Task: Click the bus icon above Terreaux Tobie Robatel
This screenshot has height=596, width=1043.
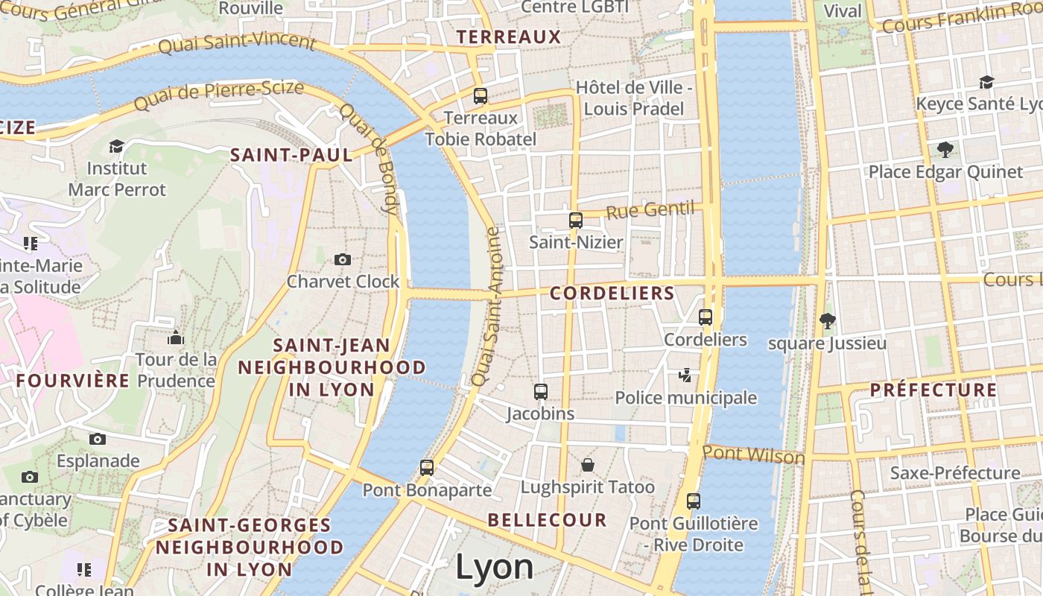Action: tap(481, 96)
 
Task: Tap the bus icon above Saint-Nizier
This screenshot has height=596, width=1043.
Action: tap(575, 221)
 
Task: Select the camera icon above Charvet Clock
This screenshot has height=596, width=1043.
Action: tap(343, 259)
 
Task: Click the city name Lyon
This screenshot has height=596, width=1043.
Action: tap(494, 567)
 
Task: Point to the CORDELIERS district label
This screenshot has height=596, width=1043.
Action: tap(612, 294)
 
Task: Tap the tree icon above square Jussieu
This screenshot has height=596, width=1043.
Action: tap(827, 321)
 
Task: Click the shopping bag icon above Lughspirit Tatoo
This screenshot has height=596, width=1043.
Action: tap(588, 466)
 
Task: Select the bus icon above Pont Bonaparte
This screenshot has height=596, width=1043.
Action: tap(427, 468)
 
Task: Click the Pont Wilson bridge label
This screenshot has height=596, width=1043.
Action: tap(753, 454)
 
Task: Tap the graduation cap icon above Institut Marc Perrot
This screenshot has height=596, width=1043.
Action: tap(116, 146)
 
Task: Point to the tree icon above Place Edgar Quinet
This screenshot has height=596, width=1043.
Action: tap(945, 150)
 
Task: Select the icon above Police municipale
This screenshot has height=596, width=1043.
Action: tap(685, 375)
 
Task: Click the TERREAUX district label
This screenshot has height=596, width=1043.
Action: tap(508, 37)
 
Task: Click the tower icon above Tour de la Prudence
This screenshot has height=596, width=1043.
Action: tap(176, 338)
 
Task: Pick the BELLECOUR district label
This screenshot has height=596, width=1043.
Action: tap(547, 520)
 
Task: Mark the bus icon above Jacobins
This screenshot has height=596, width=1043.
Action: tap(541, 392)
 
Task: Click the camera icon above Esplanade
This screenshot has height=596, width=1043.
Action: tap(98, 439)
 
